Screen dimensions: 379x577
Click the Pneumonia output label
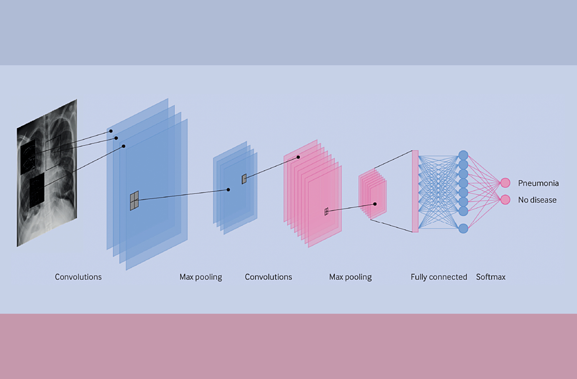tap(538, 183)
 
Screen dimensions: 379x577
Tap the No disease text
tap(537, 200)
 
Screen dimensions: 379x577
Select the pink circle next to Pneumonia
tap(505, 183)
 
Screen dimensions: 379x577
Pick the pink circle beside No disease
tap(505, 200)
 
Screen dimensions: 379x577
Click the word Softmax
tap(490, 277)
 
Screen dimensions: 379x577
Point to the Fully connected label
tap(439, 277)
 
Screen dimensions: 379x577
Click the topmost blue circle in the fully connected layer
tap(463, 155)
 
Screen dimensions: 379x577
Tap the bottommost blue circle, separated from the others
tap(463, 229)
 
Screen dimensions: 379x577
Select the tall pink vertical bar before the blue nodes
tap(415, 191)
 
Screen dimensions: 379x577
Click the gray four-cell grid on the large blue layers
tap(134, 201)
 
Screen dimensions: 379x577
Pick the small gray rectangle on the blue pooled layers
tap(244, 179)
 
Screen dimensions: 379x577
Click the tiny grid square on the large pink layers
tap(326, 212)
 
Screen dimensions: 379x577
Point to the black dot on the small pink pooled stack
tap(375, 204)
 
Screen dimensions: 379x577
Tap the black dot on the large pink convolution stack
tap(298, 157)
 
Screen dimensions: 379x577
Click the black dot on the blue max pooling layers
tap(228, 190)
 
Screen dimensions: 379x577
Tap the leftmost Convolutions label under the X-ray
tap(78, 277)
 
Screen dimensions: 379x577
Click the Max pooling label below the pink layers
tap(350, 277)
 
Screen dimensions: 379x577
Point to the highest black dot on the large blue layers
tap(111, 131)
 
